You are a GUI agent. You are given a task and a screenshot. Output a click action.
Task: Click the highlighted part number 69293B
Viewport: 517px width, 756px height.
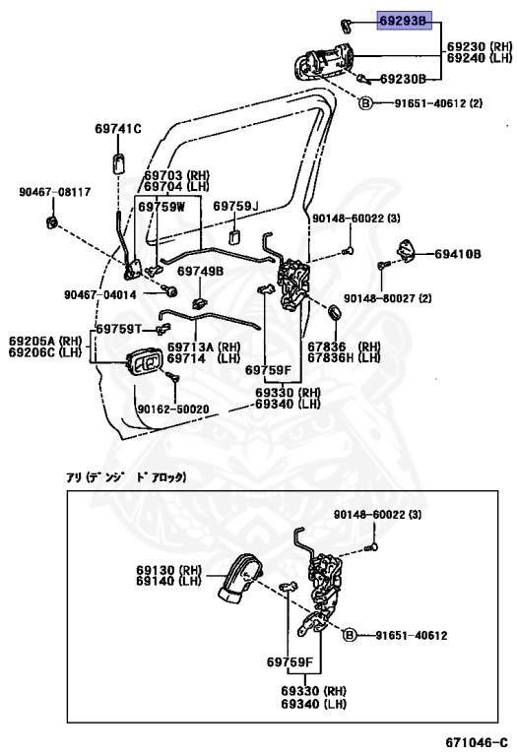[x=403, y=21]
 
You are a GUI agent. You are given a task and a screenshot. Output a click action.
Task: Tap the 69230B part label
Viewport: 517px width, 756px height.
[x=403, y=79]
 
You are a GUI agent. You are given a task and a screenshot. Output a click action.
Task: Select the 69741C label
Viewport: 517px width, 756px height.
[x=118, y=129]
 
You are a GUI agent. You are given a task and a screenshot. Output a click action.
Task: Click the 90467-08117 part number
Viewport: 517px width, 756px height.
[x=55, y=192]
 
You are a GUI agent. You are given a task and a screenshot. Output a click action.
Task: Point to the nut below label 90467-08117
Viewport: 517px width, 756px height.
[x=51, y=222]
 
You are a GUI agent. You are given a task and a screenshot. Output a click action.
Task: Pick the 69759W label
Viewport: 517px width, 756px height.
[x=162, y=207]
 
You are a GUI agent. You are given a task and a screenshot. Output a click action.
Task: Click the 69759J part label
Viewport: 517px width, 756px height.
[x=235, y=207]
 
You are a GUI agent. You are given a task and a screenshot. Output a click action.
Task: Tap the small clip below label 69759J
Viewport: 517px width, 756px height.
[x=234, y=236]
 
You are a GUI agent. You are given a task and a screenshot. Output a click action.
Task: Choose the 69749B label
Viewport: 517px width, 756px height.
[x=200, y=271]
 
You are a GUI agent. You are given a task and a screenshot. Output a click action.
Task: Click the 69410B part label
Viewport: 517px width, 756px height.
[x=458, y=254]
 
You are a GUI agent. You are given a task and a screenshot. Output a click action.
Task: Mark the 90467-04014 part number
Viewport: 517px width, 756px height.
[x=100, y=294]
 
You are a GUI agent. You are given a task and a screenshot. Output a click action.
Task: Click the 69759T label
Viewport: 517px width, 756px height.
[x=118, y=329]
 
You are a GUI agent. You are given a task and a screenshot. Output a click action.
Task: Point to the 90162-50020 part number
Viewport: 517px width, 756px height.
[x=173, y=409]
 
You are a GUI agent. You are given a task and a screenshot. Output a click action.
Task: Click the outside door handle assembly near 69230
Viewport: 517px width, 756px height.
[x=323, y=60]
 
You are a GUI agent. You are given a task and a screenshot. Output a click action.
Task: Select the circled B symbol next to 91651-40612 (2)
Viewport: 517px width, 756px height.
[x=366, y=102]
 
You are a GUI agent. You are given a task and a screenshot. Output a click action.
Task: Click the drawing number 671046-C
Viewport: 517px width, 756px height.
[x=477, y=742]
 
